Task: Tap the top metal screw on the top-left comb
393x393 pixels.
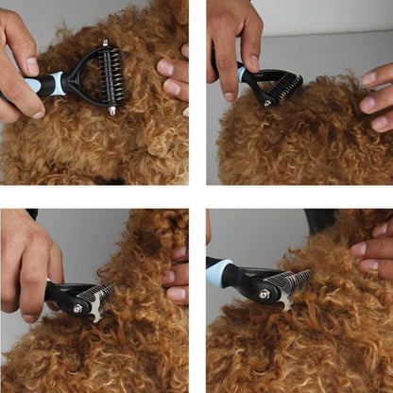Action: coord(105,43)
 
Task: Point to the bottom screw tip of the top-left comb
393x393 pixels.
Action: coord(112,111)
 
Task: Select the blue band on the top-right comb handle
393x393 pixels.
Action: coord(243,74)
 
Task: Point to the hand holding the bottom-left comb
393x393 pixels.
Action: coord(28,265)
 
